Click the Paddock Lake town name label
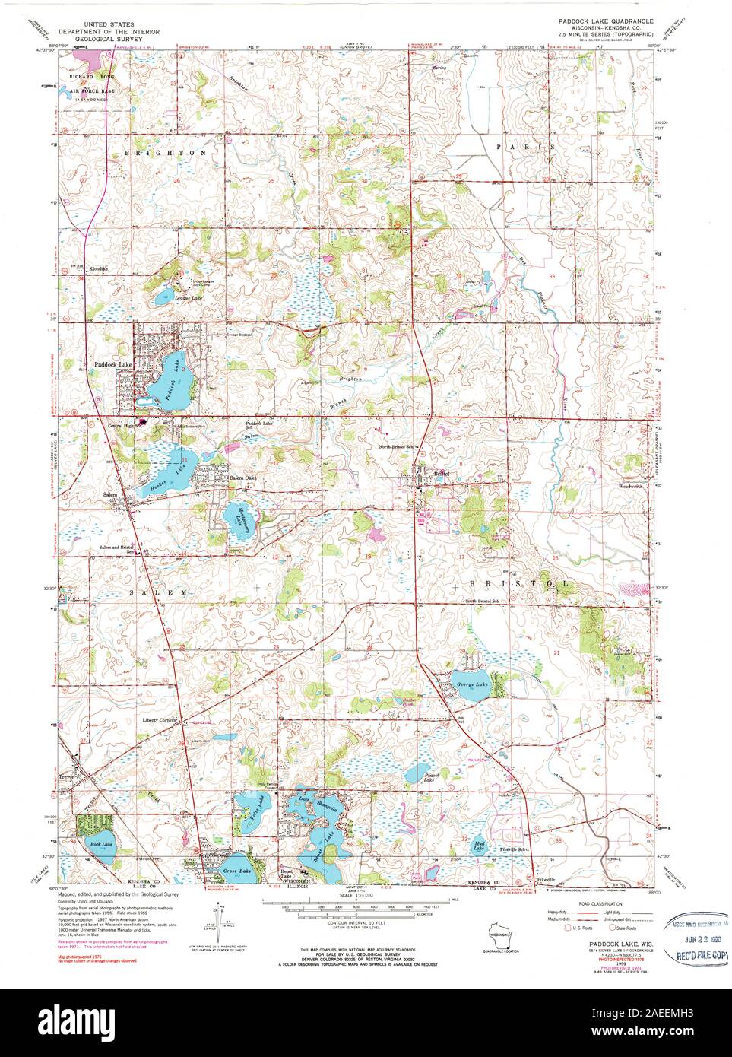113,365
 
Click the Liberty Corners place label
159,720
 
